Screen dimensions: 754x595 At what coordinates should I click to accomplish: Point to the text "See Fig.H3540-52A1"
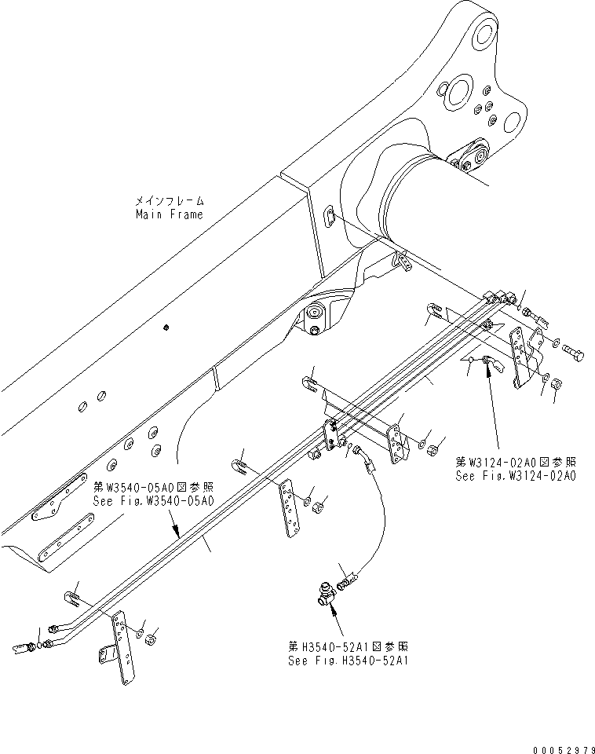[x=349, y=660]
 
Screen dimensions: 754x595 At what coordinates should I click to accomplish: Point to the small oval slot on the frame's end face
[x=330, y=215]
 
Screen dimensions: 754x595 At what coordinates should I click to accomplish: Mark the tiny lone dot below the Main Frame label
[x=166, y=327]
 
